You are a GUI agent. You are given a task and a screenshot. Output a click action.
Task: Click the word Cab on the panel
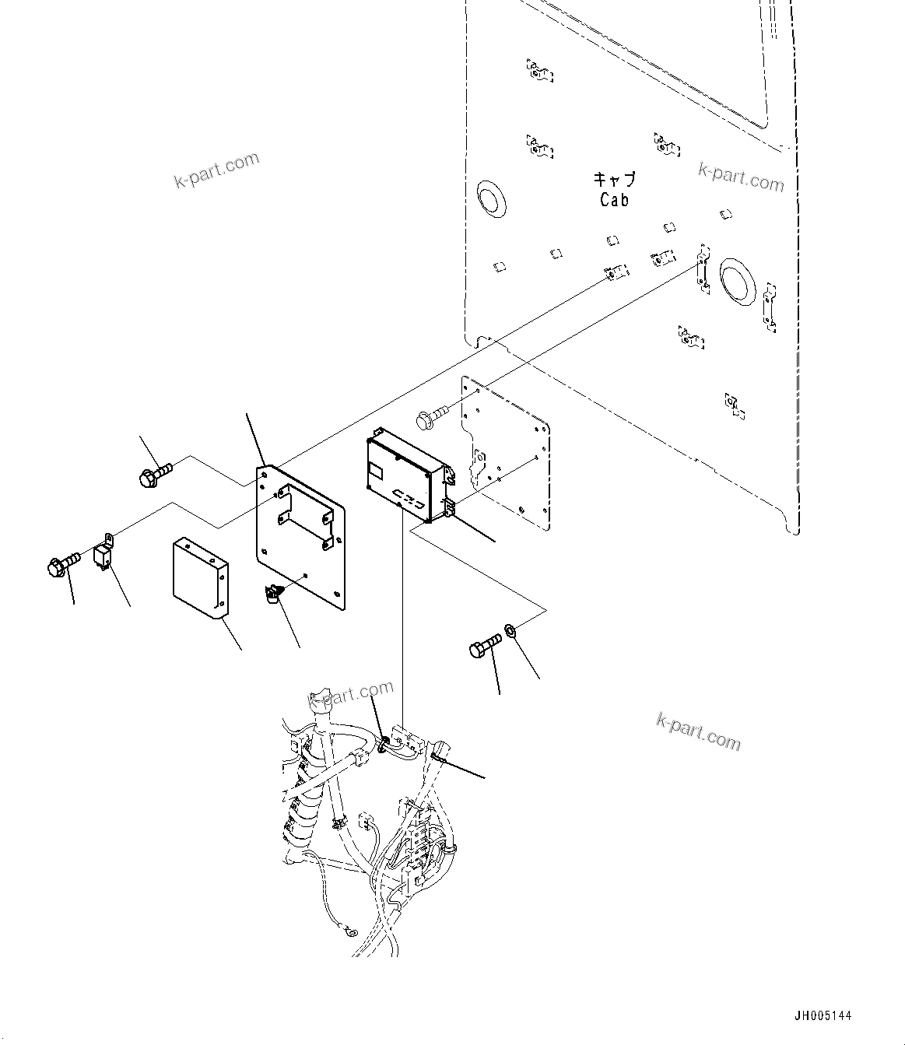pyautogui.click(x=614, y=200)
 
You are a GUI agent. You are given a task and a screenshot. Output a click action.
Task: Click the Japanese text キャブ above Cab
pyautogui.click(x=614, y=180)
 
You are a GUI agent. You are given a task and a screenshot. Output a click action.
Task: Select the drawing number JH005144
pyautogui.click(x=823, y=1016)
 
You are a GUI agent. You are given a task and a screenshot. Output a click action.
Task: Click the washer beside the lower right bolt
pyautogui.click(x=510, y=629)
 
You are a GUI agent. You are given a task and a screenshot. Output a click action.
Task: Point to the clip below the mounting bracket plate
pyautogui.click(x=272, y=595)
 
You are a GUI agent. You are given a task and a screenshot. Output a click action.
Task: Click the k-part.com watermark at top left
pyautogui.click(x=216, y=170)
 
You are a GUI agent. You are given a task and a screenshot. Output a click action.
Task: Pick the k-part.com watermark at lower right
pyautogui.click(x=699, y=731)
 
